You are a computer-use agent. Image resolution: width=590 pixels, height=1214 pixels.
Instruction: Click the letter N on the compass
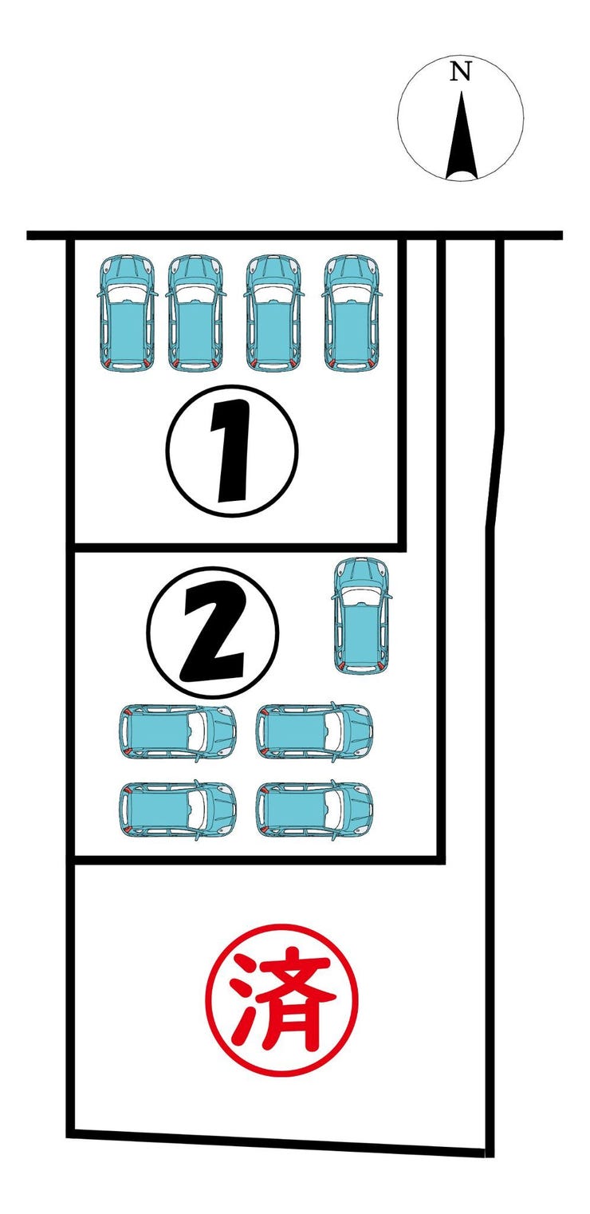[x=461, y=72]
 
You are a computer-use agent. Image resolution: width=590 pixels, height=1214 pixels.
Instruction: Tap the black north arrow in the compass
[x=462, y=136]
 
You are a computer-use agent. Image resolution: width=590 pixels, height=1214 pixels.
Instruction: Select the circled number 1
[x=232, y=451]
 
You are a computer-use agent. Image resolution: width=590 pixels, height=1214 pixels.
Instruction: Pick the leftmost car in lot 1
[x=127, y=313]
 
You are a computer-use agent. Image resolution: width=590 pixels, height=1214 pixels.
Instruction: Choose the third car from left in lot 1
[x=273, y=313]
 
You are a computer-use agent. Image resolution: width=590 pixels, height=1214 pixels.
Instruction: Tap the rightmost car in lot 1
[x=352, y=313]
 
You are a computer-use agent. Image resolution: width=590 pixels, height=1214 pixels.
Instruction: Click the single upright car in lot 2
[x=361, y=616]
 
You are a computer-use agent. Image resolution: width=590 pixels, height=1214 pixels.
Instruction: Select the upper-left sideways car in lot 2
[x=178, y=732]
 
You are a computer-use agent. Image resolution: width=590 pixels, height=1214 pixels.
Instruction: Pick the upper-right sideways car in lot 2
[x=314, y=732]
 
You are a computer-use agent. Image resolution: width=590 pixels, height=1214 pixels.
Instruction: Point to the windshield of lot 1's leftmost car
[x=127, y=294]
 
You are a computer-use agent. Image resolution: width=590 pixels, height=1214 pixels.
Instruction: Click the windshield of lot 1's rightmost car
[x=352, y=294]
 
